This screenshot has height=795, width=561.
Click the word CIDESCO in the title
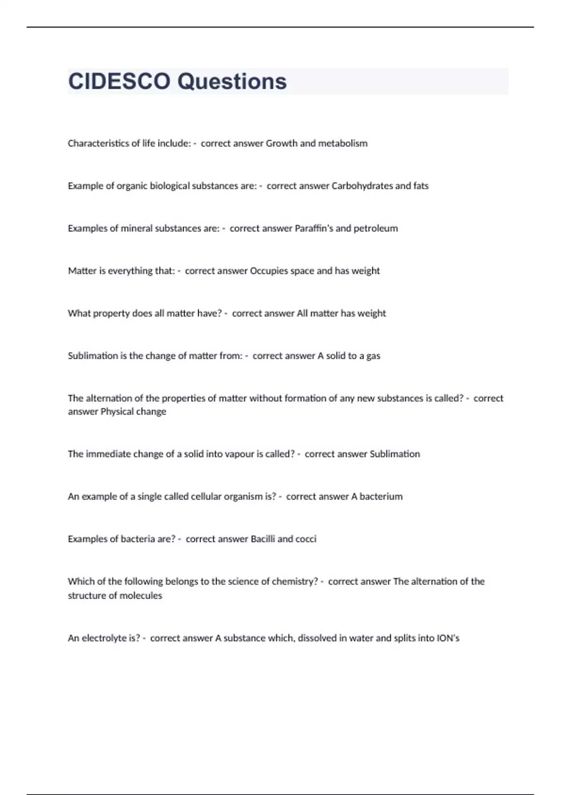[x=119, y=81]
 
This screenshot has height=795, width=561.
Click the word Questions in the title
[x=232, y=81]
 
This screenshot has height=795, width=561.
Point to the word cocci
[x=306, y=539]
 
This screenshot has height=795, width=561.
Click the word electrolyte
[x=104, y=638]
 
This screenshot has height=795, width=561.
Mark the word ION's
[x=448, y=638]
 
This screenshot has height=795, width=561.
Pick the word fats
[x=421, y=186]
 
